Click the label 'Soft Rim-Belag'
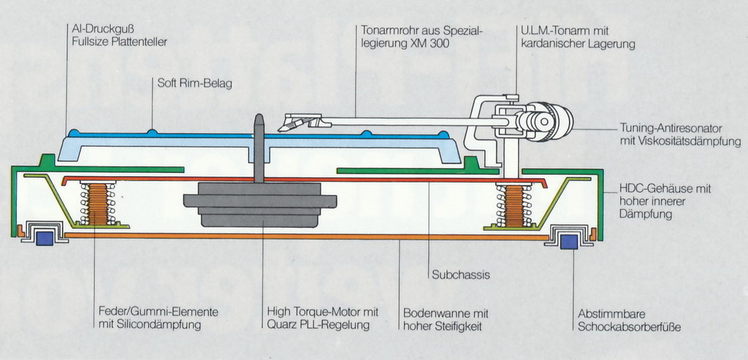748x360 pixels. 195,84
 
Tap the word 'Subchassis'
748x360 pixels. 460,275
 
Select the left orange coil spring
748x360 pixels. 98,204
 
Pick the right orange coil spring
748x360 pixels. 514,205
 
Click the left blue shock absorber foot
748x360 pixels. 45,237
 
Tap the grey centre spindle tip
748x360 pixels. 258,120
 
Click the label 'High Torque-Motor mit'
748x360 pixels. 322,312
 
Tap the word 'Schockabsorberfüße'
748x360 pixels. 629,327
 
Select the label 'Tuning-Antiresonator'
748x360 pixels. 671,127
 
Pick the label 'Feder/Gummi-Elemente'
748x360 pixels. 157,312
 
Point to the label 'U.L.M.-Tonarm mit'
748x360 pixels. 565,31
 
